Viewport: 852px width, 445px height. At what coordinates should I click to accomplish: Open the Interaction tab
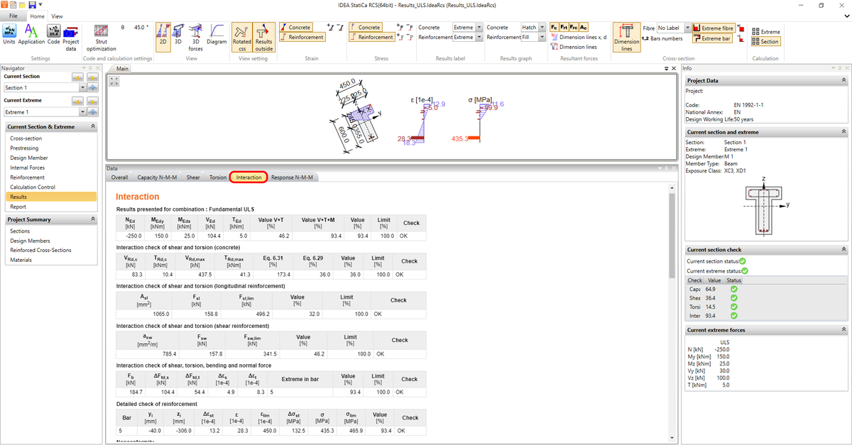248,177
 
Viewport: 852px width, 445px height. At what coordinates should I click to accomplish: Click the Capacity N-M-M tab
157,177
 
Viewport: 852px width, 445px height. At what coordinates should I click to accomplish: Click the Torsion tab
218,177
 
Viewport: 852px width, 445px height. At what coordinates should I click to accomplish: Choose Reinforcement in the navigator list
28,177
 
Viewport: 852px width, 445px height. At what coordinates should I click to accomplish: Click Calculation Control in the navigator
33,187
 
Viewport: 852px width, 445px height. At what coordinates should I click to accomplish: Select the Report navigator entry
18,207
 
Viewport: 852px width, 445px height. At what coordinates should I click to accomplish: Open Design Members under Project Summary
30,241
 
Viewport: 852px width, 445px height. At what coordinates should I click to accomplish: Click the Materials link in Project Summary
21,260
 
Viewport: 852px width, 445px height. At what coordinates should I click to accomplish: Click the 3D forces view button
196,37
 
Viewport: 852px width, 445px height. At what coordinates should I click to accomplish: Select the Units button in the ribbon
9,34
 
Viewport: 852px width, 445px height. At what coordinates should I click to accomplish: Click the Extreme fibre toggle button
714,28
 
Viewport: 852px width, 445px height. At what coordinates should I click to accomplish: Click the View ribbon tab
57,16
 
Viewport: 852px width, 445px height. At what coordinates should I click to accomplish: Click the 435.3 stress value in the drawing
460,138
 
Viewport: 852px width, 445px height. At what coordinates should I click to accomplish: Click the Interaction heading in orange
138,197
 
